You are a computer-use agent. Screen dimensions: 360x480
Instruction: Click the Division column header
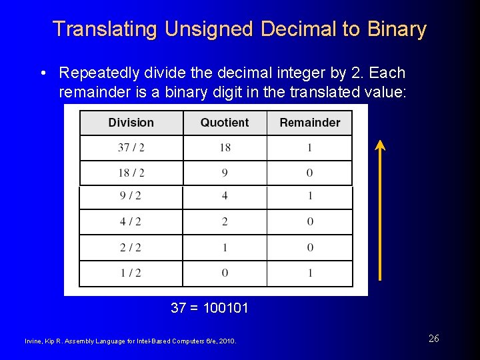131,123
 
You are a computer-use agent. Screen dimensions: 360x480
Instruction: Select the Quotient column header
225,123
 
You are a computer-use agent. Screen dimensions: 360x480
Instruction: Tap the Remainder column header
309,123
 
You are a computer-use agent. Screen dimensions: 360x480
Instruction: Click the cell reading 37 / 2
131,147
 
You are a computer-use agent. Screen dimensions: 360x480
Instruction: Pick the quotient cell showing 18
225,147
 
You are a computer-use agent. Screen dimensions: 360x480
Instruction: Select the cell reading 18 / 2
131,173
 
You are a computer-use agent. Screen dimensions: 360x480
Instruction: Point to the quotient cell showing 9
225,173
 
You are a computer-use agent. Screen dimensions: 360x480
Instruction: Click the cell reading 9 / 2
131,196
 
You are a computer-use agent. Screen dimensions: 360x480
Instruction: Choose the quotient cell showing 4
225,196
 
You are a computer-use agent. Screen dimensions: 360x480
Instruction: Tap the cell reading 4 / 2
131,221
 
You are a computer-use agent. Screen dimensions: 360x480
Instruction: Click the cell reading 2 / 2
131,247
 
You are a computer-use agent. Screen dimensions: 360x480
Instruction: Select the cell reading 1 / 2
131,273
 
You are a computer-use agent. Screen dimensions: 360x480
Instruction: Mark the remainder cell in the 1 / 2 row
310,273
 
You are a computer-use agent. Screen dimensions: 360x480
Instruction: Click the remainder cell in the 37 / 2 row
309,147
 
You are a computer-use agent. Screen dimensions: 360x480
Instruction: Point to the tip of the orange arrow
380,141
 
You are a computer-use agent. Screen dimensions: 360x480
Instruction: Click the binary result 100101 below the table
225,308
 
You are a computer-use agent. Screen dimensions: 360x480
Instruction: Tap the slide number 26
433,339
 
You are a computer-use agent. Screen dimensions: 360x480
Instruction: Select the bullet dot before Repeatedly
43,73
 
